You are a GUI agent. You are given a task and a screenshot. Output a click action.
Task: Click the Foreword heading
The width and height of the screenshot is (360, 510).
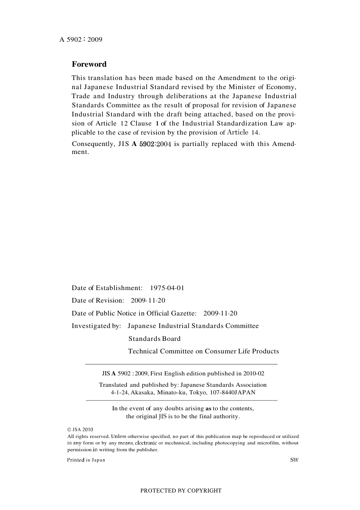tap(89, 64)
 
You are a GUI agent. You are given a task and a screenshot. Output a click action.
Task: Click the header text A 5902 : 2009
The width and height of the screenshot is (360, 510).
tap(81, 39)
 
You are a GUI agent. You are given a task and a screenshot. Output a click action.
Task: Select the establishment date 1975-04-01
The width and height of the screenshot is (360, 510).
tap(167, 288)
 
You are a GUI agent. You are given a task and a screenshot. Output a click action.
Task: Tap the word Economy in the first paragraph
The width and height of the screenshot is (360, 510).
tap(281, 87)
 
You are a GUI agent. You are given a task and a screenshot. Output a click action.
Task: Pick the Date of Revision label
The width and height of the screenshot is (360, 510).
tap(98, 300)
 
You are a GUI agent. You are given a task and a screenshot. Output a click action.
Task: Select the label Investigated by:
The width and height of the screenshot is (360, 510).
tap(96, 326)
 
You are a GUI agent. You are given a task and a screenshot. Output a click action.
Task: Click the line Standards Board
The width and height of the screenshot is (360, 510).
tap(154, 339)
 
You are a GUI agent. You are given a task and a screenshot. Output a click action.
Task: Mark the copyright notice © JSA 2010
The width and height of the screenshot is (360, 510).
tap(80, 430)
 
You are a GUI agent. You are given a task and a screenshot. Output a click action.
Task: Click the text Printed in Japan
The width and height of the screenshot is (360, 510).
tap(86, 460)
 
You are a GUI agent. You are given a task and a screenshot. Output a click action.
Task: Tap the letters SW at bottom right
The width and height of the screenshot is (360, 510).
tap(294, 460)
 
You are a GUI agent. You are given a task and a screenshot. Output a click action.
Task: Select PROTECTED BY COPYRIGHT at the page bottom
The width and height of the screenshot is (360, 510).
tap(181, 490)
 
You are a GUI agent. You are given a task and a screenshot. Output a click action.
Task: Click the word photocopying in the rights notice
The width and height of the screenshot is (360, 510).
tap(230, 443)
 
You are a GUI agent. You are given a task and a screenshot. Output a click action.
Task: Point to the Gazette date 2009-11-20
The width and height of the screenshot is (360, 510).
tap(220, 313)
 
